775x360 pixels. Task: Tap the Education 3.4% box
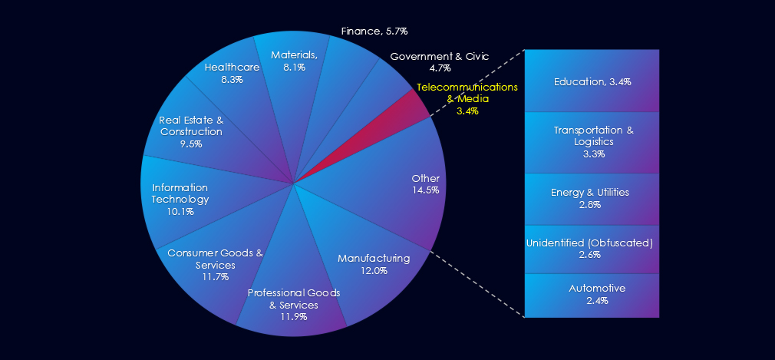592,81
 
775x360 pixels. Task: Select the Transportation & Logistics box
592,142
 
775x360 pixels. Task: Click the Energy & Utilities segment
592,198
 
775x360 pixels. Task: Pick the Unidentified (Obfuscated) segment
592,249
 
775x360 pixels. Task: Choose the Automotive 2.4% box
592,295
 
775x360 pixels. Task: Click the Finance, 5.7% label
374,31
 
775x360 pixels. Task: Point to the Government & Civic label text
439,56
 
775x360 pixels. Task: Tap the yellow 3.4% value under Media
467,111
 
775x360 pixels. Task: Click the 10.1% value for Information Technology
180,211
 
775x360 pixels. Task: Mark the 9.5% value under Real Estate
191,144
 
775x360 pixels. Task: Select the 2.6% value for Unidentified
590,255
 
